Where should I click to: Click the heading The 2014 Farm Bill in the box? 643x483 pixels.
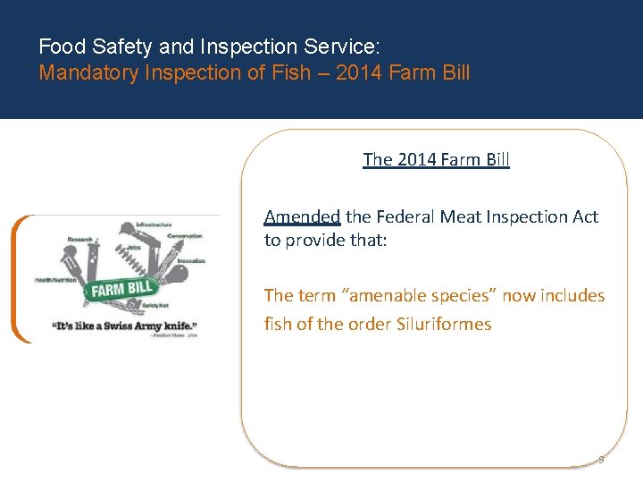coord(436,160)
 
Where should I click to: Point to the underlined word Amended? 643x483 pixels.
coord(302,216)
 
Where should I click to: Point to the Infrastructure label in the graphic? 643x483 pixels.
coord(154,225)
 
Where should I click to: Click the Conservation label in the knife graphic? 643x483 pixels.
coord(185,236)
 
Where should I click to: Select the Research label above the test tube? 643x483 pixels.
coord(79,240)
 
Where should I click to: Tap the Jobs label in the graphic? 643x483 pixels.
coord(134,248)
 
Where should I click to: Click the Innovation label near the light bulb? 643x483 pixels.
coord(190,260)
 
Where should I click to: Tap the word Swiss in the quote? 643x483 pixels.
coord(131,326)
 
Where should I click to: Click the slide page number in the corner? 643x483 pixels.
coord(601,460)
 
